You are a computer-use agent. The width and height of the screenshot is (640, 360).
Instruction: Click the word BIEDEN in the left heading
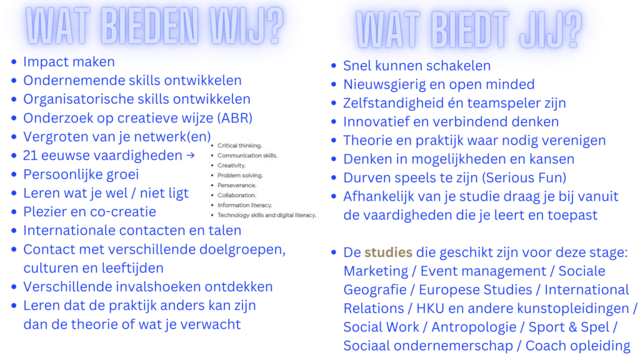click(x=149, y=26)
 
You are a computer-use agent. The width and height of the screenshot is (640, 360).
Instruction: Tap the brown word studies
click(x=388, y=252)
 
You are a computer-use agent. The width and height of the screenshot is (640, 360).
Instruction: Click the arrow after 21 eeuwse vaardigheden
click(x=190, y=156)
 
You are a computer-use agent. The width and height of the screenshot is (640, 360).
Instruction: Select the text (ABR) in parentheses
click(x=235, y=118)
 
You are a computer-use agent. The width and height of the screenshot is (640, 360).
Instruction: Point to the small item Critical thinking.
click(x=239, y=146)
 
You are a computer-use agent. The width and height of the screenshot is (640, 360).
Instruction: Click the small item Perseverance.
click(x=237, y=185)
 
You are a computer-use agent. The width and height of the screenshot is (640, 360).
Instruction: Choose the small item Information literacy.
click(x=244, y=205)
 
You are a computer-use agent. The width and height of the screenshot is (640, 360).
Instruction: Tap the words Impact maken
click(x=69, y=62)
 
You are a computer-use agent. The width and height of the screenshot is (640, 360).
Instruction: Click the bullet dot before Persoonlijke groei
click(x=14, y=174)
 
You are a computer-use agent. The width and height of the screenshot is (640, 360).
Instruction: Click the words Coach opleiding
click(x=577, y=346)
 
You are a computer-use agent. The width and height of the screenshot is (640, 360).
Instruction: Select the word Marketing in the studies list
click(x=376, y=271)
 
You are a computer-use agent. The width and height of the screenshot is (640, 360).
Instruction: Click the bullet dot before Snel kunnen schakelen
click(x=334, y=65)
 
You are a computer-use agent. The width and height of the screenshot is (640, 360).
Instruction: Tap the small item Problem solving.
click(x=240, y=176)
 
